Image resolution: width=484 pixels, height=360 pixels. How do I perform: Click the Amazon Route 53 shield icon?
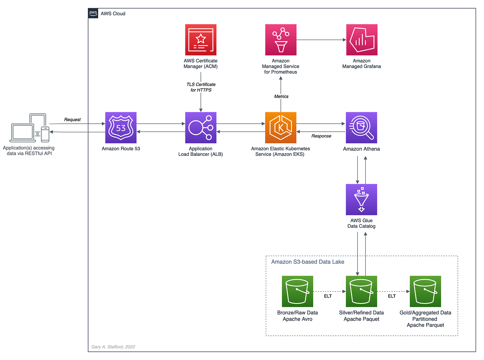tap(121, 127)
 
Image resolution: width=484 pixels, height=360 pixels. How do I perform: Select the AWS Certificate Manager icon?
tap(201, 40)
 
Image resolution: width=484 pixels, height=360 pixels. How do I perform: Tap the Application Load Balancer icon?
tap(201, 127)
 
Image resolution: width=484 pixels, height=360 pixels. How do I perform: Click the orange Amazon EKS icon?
tap(280, 127)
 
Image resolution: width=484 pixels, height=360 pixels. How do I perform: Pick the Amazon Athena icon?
tap(361, 127)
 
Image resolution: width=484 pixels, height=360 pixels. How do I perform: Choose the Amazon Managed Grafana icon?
tap(362, 40)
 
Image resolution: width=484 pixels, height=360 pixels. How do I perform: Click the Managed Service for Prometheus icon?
tap(281, 40)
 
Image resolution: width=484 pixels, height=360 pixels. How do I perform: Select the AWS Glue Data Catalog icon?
tap(361, 199)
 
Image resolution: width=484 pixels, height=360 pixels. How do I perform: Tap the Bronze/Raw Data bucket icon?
tap(297, 291)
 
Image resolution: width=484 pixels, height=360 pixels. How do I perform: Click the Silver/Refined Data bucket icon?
tap(361, 291)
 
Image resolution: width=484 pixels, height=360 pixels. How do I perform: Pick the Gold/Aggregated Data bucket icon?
tap(425, 291)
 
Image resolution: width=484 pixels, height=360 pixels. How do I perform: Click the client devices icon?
tap(29, 127)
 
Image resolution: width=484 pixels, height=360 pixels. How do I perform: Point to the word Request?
tap(72, 120)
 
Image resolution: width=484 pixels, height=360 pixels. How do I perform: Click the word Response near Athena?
tap(321, 136)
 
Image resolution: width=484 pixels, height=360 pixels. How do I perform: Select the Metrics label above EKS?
tap(281, 96)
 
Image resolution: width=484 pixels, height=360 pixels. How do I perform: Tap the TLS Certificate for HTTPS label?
tap(201, 87)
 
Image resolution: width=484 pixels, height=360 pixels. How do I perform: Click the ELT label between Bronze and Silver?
tap(327, 296)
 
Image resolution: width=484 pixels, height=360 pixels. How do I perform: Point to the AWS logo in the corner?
tap(93, 13)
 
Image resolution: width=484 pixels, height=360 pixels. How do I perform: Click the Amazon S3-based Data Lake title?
tap(307, 262)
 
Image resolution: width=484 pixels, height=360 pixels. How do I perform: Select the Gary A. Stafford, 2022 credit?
tap(113, 347)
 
